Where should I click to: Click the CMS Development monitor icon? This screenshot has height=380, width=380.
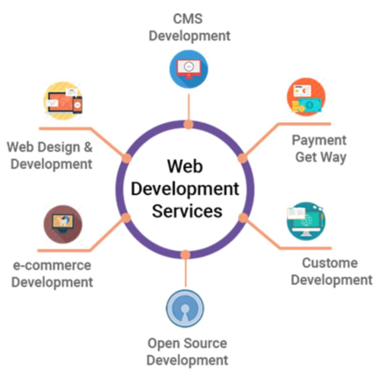pyautogui.click(x=189, y=69)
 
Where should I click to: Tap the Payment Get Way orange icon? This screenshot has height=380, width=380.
pyautogui.click(x=306, y=97)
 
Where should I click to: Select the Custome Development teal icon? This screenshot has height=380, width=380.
pyautogui.click(x=306, y=221)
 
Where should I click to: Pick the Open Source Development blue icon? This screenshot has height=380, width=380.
pyautogui.click(x=185, y=308)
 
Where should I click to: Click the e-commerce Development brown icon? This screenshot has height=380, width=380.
pyautogui.click(x=63, y=224)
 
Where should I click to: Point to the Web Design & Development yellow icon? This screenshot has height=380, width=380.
pyautogui.click(x=63, y=100)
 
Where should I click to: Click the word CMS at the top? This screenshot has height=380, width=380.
pyautogui.click(x=188, y=19)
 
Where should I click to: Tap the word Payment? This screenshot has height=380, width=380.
pyautogui.click(x=319, y=140)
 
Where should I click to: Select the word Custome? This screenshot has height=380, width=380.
pyautogui.click(x=330, y=263)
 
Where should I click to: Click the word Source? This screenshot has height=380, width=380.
pyautogui.click(x=205, y=344)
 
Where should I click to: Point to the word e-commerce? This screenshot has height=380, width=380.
pyautogui.click(x=52, y=265)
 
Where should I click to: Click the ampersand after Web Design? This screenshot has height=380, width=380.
pyautogui.click(x=88, y=147)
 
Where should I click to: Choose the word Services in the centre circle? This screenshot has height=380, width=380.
pyautogui.click(x=187, y=211)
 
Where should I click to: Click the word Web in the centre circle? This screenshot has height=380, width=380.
pyautogui.click(x=185, y=166)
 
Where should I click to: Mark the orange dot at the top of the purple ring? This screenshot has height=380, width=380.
pyautogui.click(x=188, y=125)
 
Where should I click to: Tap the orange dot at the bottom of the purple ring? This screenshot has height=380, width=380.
pyautogui.click(x=186, y=255)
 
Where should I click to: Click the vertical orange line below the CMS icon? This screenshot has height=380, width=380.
pyautogui.click(x=189, y=107)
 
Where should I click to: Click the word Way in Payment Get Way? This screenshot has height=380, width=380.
pyautogui.click(x=334, y=158)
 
